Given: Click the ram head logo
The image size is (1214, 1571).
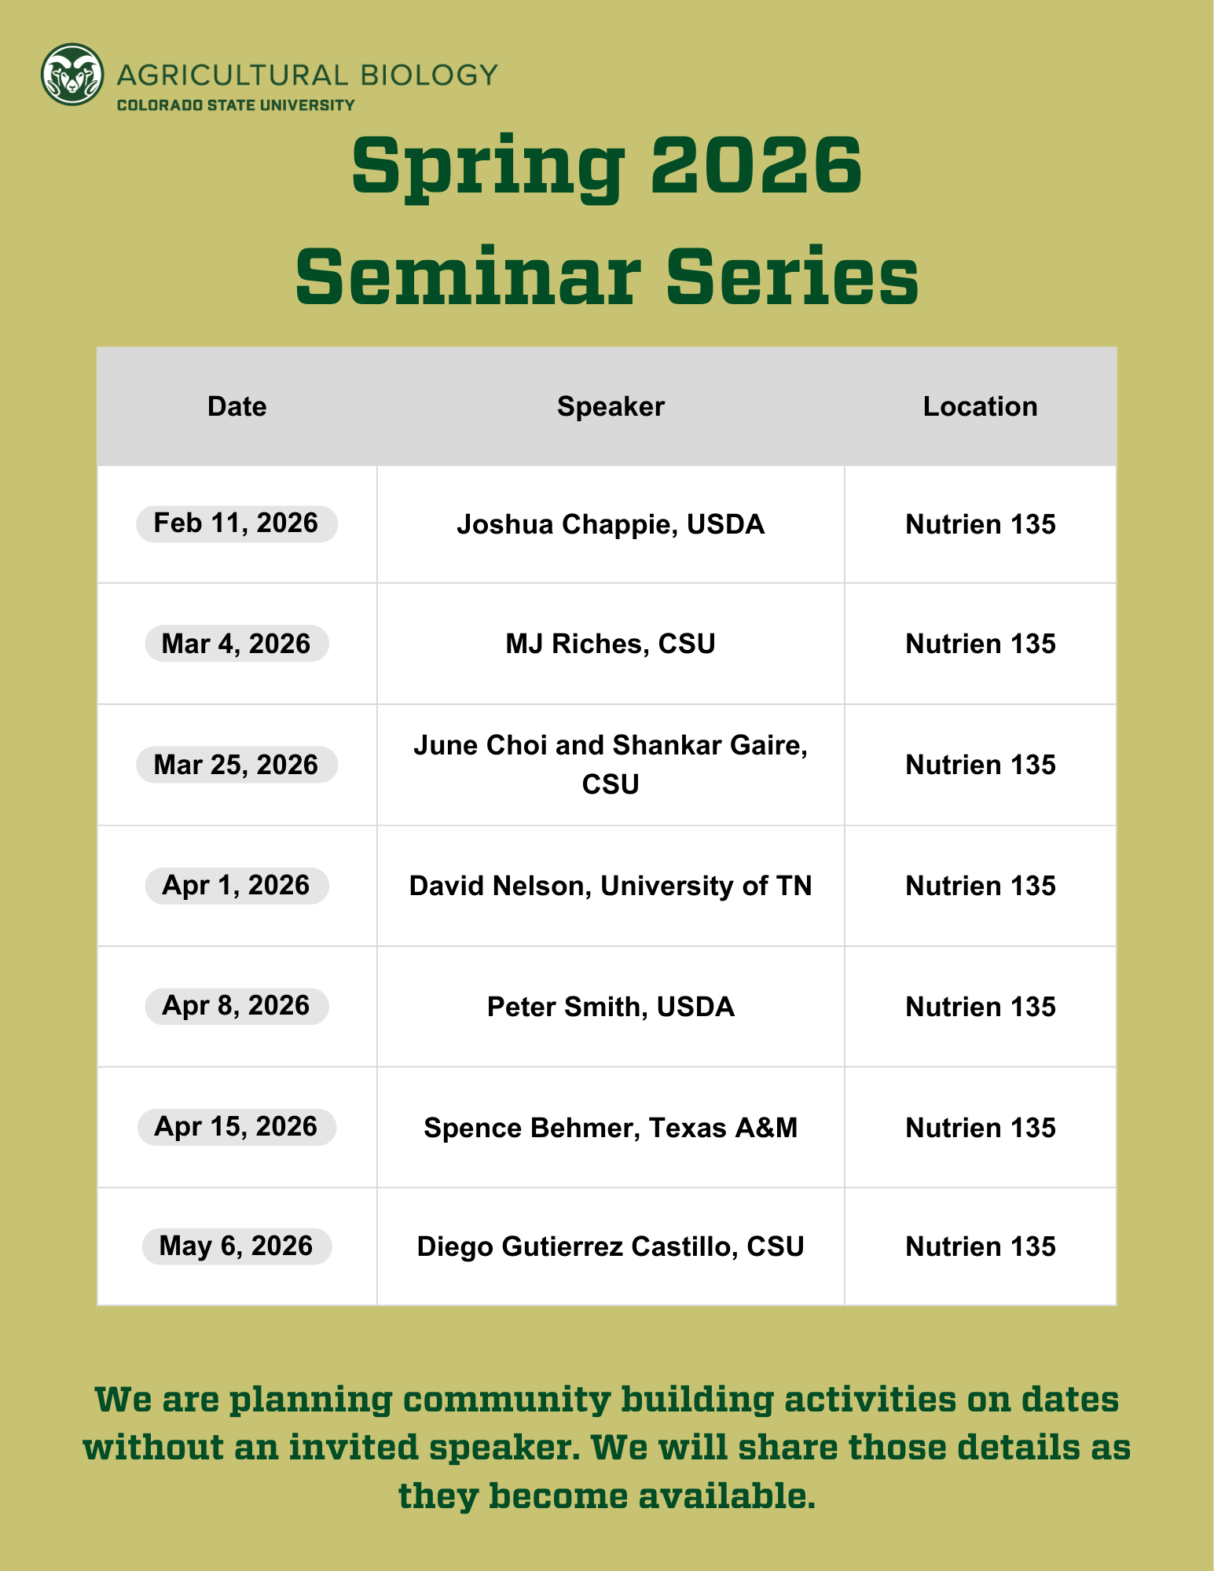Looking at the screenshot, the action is tap(72, 75).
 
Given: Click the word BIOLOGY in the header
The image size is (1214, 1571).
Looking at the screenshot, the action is tap(429, 75).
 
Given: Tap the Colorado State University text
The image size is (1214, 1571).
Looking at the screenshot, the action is tap(236, 105).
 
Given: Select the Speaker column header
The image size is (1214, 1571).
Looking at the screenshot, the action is tap(611, 406).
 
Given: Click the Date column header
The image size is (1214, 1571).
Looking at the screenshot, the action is tap(237, 406).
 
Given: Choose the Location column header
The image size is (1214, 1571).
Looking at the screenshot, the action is tap(980, 406).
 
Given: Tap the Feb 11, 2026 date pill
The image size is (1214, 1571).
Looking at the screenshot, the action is tap(237, 523).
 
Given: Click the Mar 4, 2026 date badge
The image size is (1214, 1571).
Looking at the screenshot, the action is tap(237, 644).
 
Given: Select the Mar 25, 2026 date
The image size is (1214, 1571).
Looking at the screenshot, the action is tap(237, 765).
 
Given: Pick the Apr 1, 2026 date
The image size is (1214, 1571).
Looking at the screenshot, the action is tap(237, 886).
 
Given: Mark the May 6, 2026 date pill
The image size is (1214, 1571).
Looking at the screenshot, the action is tap(237, 1246).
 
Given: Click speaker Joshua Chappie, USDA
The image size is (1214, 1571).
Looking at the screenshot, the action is tap(611, 524).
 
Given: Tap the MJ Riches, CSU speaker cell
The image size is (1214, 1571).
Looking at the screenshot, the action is tap(611, 644).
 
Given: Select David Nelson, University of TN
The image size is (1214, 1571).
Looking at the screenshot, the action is tap(611, 886).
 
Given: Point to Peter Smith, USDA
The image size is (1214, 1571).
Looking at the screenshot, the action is tap(611, 1007).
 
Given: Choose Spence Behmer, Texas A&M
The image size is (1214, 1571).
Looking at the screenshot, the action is tap(611, 1128).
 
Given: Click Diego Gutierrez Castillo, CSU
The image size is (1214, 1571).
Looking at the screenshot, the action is tap(611, 1246).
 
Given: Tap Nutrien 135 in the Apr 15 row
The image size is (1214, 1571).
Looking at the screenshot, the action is tap(980, 1128).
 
